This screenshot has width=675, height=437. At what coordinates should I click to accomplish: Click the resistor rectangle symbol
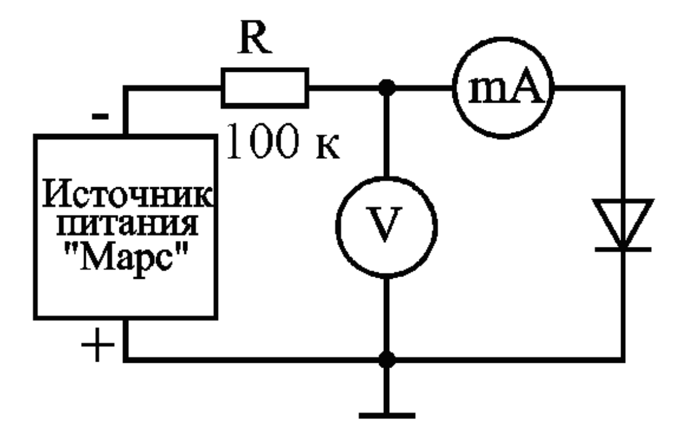pyautogui.click(x=265, y=88)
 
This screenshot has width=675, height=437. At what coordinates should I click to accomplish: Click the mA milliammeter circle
pyautogui.click(x=501, y=89)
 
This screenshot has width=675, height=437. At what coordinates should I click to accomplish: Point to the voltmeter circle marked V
pyautogui.click(x=386, y=227)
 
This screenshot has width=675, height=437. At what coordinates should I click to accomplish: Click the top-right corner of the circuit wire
pyautogui.click(x=623, y=89)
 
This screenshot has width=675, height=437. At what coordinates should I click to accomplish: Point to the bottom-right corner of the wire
pyautogui.click(x=623, y=359)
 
